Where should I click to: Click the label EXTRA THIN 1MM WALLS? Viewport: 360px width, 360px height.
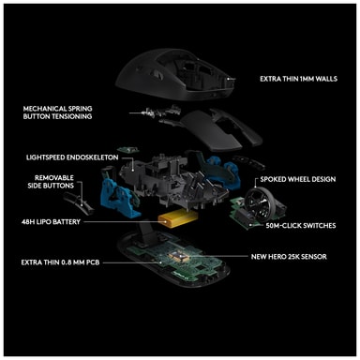[298, 79]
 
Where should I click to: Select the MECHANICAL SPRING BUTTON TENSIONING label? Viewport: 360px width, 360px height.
[57, 112]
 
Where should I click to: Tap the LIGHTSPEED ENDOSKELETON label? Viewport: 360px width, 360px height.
[72, 157]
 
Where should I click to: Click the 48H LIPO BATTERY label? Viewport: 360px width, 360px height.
[51, 222]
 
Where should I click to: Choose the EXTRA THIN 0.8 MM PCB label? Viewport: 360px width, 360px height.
[60, 262]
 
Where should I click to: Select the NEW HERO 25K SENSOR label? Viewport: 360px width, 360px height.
[289, 257]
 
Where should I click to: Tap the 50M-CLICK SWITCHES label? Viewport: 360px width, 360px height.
[301, 225]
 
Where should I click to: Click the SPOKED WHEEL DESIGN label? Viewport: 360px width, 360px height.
[298, 179]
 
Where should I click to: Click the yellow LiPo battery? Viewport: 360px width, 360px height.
[178, 217]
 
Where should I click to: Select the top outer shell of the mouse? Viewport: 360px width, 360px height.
[175, 75]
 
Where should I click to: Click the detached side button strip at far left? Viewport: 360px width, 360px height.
[79, 203]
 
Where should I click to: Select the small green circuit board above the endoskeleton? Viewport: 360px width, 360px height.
[127, 150]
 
